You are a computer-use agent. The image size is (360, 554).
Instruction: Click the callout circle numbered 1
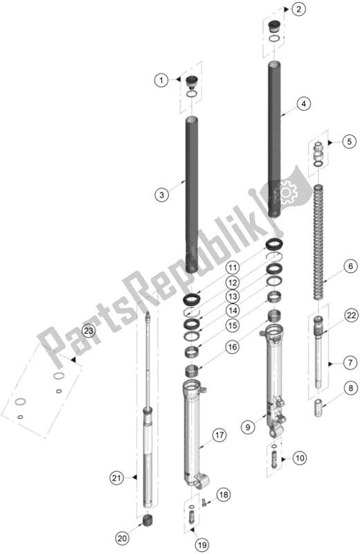(x=161, y=81)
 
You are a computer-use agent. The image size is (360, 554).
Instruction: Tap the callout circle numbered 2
(x=298, y=9)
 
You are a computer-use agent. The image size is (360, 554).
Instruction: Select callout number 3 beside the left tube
(x=161, y=195)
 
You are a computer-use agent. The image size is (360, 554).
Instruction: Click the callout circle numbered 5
(x=350, y=142)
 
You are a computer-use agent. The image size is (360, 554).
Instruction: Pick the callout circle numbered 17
(x=219, y=435)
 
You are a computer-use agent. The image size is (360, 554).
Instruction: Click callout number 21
(x=117, y=476)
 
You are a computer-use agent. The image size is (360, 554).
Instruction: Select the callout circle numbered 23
(x=87, y=331)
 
